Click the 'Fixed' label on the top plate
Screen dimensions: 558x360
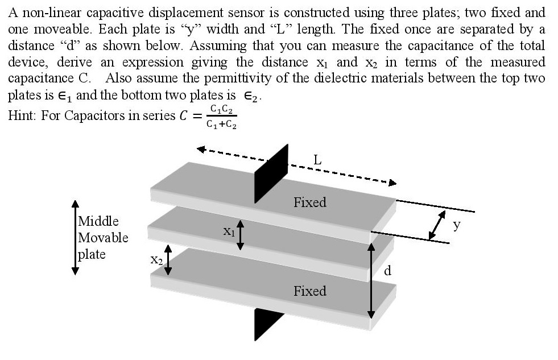coord(309,202)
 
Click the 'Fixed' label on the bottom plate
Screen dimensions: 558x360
coord(309,291)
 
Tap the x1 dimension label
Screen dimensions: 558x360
coord(229,231)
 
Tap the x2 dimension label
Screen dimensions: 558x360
coord(156,260)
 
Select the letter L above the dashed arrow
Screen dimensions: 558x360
coord(317,160)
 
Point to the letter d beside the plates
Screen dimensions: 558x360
coord(387,271)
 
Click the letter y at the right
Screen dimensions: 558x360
coord(457,225)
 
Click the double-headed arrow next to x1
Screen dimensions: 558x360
coord(241,235)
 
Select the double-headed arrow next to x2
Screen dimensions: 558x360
coord(168,260)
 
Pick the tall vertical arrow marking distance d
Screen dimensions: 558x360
coord(371,281)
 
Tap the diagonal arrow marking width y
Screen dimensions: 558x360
coord(437,225)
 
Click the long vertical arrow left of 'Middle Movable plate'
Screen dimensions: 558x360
coord(75,238)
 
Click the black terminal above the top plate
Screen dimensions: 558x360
coord(271,173)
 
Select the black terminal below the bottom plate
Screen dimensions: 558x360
coord(269,324)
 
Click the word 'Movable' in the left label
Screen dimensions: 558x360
coord(103,238)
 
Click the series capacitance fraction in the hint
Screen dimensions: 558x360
coord(221,117)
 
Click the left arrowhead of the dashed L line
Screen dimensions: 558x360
coord(201,150)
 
